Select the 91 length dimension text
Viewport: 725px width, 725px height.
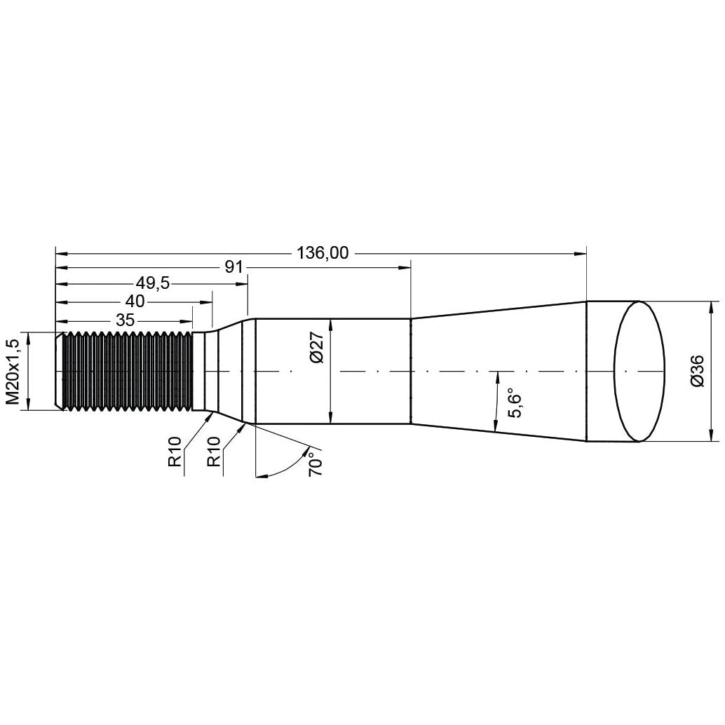pyautogui.click(x=233, y=267)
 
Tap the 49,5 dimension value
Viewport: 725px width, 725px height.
pyautogui.click(x=154, y=283)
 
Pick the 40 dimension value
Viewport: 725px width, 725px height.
pyautogui.click(x=135, y=301)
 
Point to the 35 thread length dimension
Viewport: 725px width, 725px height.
pyautogui.click(x=126, y=320)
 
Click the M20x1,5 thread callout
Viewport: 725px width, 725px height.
pyautogui.click(x=12, y=371)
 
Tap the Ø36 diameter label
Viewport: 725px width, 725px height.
pyautogui.click(x=696, y=371)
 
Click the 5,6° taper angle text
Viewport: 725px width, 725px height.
pyautogui.click(x=515, y=402)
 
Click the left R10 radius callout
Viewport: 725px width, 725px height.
pyautogui.click(x=175, y=452)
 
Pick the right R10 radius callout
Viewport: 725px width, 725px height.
pyautogui.click(x=214, y=452)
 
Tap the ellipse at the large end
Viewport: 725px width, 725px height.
pyautogui.click(x=639, y=371)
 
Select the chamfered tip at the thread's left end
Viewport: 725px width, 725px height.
pyautogui.click(x=59, y=370)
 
